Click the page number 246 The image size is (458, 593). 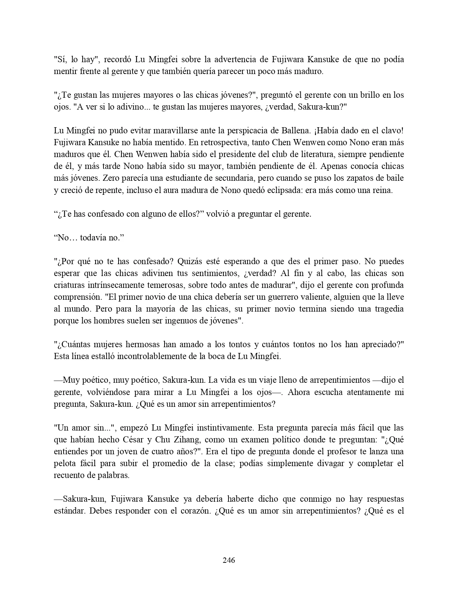click(229, 560)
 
